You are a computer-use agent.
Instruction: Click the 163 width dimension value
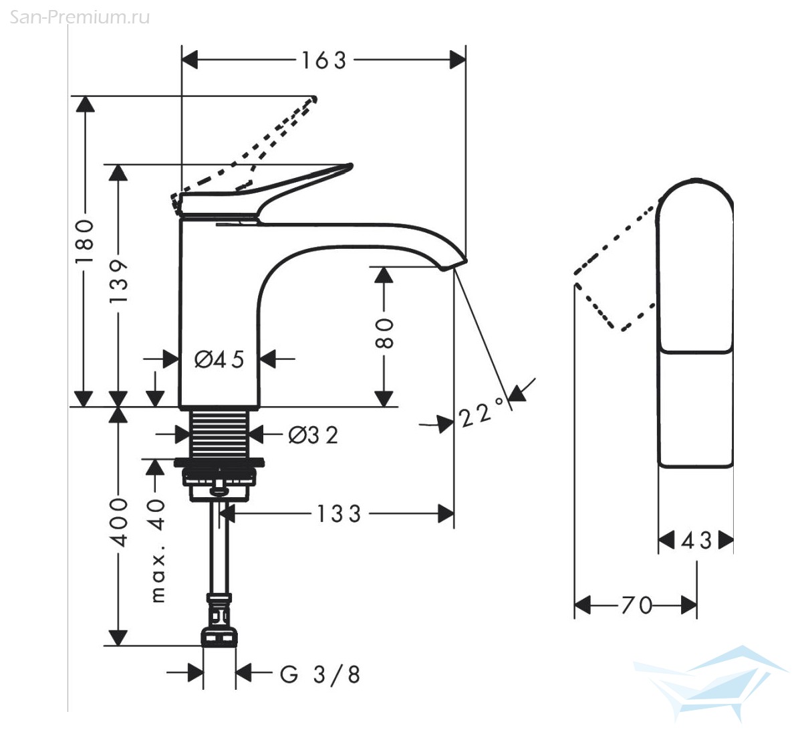coord(324,61)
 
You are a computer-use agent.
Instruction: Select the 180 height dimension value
coord(85,242)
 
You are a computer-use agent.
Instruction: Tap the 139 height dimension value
coord(118,281)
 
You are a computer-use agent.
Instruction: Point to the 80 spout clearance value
coord(384,334)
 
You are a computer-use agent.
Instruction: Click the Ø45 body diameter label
coord(219,359)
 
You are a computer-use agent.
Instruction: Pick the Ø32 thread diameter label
coord(313,436)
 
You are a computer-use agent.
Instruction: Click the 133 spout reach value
coord(339,514)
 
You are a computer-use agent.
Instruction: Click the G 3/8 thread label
coord(320,674)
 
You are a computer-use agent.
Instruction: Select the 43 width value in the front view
coord(696,541)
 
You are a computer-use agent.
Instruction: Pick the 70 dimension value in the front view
coord(636,606)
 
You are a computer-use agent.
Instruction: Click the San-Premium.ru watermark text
coord(80,17)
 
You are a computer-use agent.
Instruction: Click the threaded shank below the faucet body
coord(219,434)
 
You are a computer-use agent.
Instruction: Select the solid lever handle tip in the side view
coord(349,167)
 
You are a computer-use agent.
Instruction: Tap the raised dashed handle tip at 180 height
coord(314,99)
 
